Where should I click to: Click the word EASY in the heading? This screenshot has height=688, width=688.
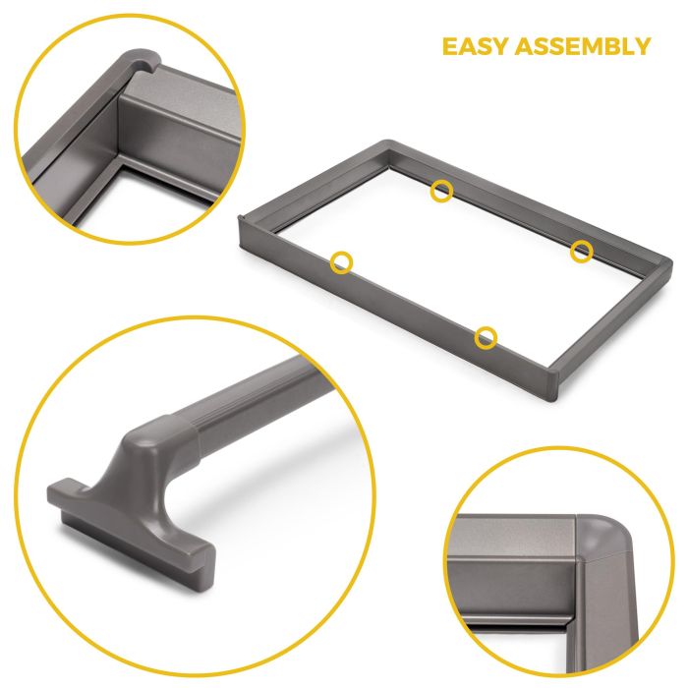(475, 46)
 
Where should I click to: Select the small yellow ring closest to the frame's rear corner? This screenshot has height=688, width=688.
(442, 191)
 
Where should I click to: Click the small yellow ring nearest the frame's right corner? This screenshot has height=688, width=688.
(582, 251)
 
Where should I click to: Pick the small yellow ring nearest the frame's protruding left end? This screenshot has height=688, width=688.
(341, 261)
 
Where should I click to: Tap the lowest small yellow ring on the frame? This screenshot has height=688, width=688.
(486, 338)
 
